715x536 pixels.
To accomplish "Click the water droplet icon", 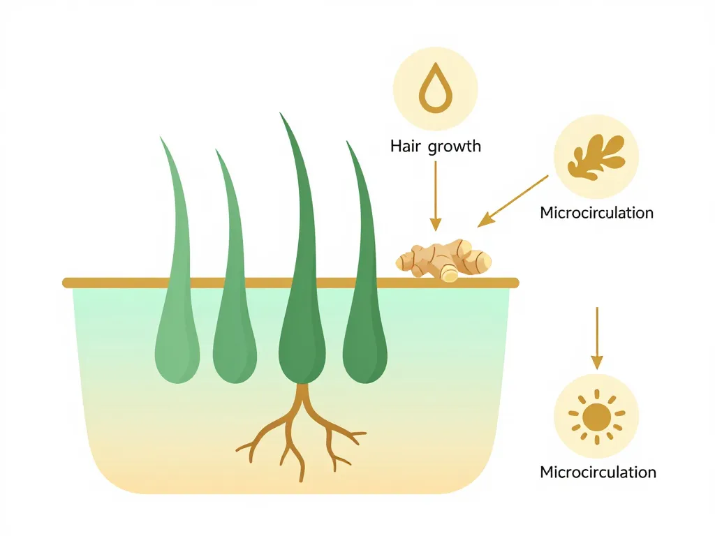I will (x=435, y=89).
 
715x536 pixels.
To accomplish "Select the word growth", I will (x=455, y=147).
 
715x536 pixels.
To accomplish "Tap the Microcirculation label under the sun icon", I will (x=598, y=472).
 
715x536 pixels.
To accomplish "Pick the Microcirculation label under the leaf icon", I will (x=597, y=212).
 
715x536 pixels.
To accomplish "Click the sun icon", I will (x=596, y=417).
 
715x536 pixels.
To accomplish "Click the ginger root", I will (x=444, y=260).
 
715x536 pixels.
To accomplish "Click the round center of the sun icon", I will (x=596, y=417).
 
